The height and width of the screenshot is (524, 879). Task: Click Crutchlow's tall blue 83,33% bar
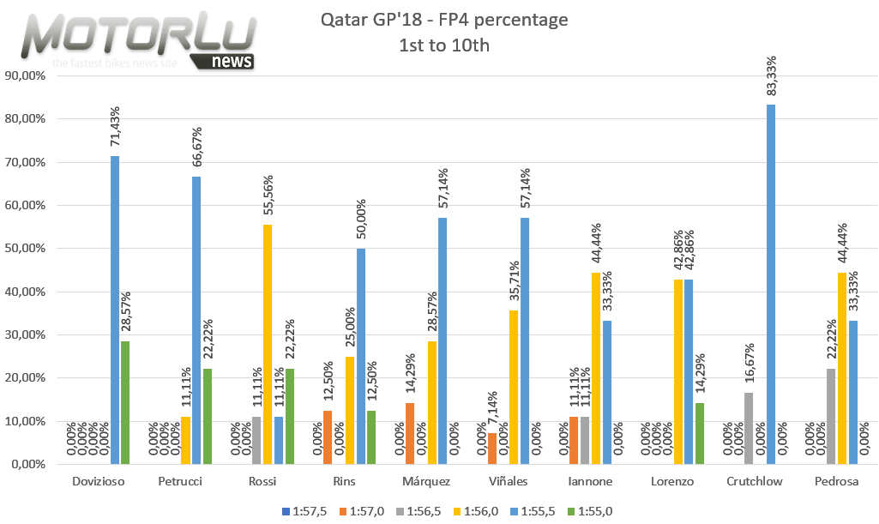(770, 284)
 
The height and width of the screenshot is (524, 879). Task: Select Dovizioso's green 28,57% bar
(125, 402)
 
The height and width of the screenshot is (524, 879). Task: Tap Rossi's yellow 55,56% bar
(268, 344)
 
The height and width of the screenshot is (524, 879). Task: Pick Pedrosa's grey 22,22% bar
(828, 416)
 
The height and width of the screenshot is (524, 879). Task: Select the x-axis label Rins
(343, 482)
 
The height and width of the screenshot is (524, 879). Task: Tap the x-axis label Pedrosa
(836, 482)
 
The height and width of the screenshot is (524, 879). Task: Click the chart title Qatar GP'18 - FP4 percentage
(444, 20)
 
